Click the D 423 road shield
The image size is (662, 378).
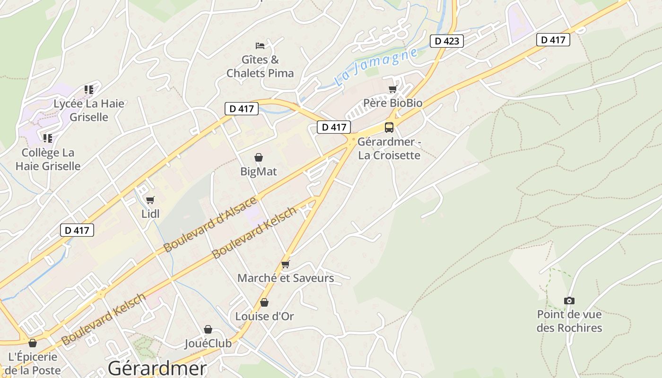pyautogui.click(x=446, y=41)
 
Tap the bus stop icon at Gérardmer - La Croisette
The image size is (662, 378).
pyautogui.click(x=389, y=127)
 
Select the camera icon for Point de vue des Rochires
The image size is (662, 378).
pyautogui.click(x=569, y=301)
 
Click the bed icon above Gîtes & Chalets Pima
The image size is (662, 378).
pyautogui.click(x=260, y=45)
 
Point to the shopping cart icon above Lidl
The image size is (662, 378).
pyautogui.click(x=150, y=200)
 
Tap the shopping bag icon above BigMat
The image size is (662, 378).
pyautogui.click(x=259, y=157)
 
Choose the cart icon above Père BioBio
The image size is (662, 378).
pyautogui.click(x=392, y=89)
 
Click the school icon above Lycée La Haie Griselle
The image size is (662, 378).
pyautogui.click(x=89, y=89)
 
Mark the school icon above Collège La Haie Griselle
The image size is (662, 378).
pyautogui.click(x=48, y=138)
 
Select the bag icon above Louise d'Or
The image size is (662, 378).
pyautogui.click(x=264, y=302)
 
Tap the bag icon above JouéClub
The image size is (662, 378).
pyautogui.click(x=208, y=329)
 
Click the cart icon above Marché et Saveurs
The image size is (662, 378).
pyautogui.click(x=285, y=264)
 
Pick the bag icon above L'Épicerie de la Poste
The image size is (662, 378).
pyautogui.click(x=33, y=343)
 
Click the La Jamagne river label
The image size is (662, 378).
pyautogui.click(x=375, y=67)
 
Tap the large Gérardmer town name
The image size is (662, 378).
pyautogui.click(x=157, y=368)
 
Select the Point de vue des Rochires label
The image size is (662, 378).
pyautogui.click(x=569, y=321)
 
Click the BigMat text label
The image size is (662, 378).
pyautogui.click(x=259, y=172)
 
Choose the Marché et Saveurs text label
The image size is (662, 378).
pyautogui.click(x=286, y=278)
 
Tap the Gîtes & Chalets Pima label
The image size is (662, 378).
pyautogui.click(x=260, y=67)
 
